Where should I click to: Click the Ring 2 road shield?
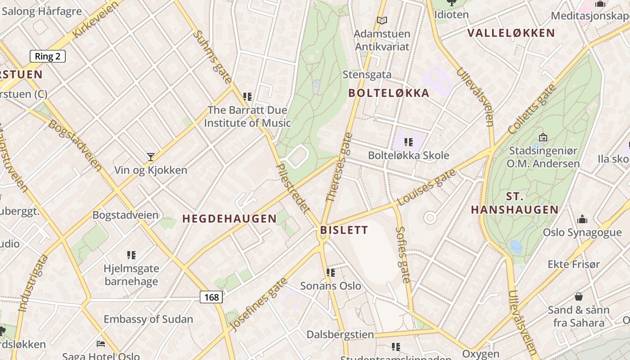pyautogui.click(x=48, y=56)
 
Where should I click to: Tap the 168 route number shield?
pyautogui.click(x=211, y=297)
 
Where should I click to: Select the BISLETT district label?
pyautogui.click(x=344, y=230)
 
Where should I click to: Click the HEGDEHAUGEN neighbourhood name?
pyautogui.click(x=229, y=219)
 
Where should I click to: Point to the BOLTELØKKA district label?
pyautogui.click(x=389, y=93)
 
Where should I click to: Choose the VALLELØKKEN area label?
pyautogui.click(x=511, y=33)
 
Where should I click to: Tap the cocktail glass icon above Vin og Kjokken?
pyautogui.click(x=151, y=157)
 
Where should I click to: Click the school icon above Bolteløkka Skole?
pyautogui.click(x=409, y=142)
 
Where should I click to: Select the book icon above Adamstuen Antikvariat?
pyautogui.click(x=382, y=20)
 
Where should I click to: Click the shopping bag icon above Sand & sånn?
pyautogui.click(x=579, y=297)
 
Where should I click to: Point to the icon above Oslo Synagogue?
pyautogui.click(x=582, y=219)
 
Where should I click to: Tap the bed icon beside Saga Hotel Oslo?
pyautogui.click(x=101, y=344)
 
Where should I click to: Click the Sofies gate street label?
pyautogui.click(x=403, y=254)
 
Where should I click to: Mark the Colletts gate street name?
pyautogui.click(x=531, y=109)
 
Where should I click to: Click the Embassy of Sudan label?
pyautogui.click(x=148, y=319)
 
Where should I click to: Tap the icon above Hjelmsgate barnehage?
pyautogui.click(x=131, y=255)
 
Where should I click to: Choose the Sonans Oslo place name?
pyautogui.click(x=331, y=286)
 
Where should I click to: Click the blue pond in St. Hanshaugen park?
pyautogui.click(x=516, y=246)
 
